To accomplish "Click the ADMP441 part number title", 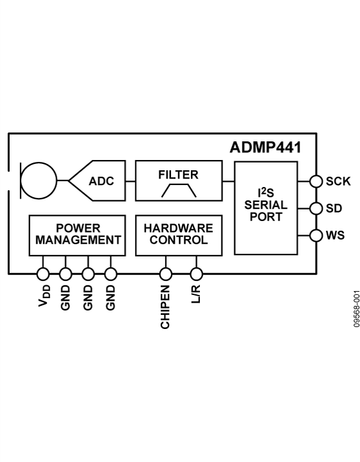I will pyautogui.click(x=265, y=147).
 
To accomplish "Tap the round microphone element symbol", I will pyautogui.click(x=39, y=180).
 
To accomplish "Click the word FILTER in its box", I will pyautogui.click(x=178, y=174).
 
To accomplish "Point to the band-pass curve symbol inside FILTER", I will pyautogui.click(x=178, y=190).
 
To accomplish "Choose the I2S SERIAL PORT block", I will pyautogui.click(x=265, y=208).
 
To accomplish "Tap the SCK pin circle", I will pyautogui.click(x=315, y=181).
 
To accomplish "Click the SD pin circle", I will pyautogui.click(x=315, y=208).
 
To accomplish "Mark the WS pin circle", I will pyautogui.click(x=315, y=235).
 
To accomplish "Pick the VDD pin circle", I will pyautogui.click(x=43, y=274).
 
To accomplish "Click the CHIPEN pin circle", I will pyautogui.click(x=165, y=274).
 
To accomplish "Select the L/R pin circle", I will pyautogui.click(x=197, y=274).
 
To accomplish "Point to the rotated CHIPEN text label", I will pyautogui.click(x=166, y=306).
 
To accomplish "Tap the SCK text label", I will pyautogui.click(x=338, y=181).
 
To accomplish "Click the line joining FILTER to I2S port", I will pyautogui.click(x=228, y=181).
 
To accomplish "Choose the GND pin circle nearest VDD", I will pyautogui.click(x=66, y=274).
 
